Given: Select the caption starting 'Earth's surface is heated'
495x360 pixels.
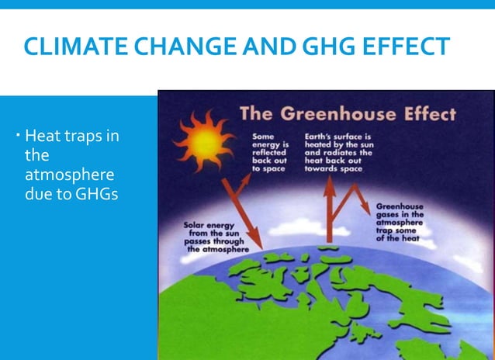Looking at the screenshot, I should [x=338, y=152].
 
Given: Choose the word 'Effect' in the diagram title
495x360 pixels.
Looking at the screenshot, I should [x=424, y=115].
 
